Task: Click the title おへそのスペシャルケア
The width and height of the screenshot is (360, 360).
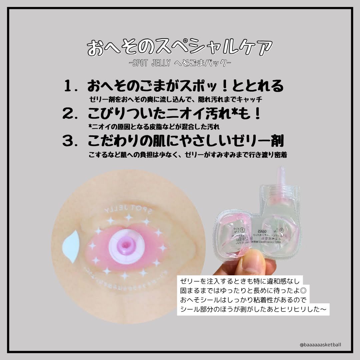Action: click(x=180, y=48)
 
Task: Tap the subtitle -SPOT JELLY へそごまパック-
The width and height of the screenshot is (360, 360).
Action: click(x=180, y=63)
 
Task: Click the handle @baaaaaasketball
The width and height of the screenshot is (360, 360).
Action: click(x=320, y=345)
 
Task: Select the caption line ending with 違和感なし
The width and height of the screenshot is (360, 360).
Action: click(x=240, y=281)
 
